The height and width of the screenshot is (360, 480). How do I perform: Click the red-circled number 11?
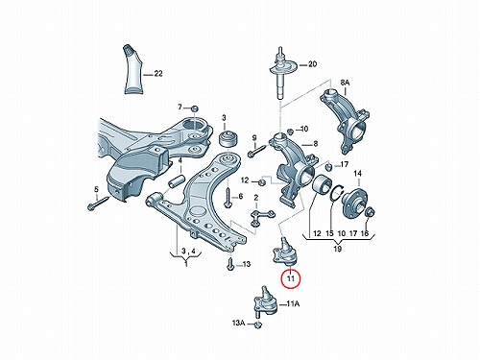[291, 277]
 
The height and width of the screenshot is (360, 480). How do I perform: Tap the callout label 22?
[158, 74]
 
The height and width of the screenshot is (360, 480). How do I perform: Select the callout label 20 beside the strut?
[312, 64]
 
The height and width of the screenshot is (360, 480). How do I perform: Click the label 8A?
[345, 83]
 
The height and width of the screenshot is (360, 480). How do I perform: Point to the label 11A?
[293, 304]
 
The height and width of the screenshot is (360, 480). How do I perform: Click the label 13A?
[238, 324]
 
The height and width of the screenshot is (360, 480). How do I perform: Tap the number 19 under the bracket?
[338, 249]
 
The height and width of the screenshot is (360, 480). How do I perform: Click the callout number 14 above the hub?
[357, 174]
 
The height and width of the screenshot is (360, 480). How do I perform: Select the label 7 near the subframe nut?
[180, 107]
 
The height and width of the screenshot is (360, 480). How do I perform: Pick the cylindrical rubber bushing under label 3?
[227, 138]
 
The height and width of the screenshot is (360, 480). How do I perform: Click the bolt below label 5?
[98, 204]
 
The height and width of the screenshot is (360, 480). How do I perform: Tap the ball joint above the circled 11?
[285, 252]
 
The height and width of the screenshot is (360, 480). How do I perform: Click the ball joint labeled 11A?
[265, 303]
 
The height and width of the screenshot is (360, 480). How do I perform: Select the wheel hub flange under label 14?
[354, 200]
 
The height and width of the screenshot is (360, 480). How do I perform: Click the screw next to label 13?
[229, 264]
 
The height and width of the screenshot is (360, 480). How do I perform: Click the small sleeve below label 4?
[177, 181]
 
